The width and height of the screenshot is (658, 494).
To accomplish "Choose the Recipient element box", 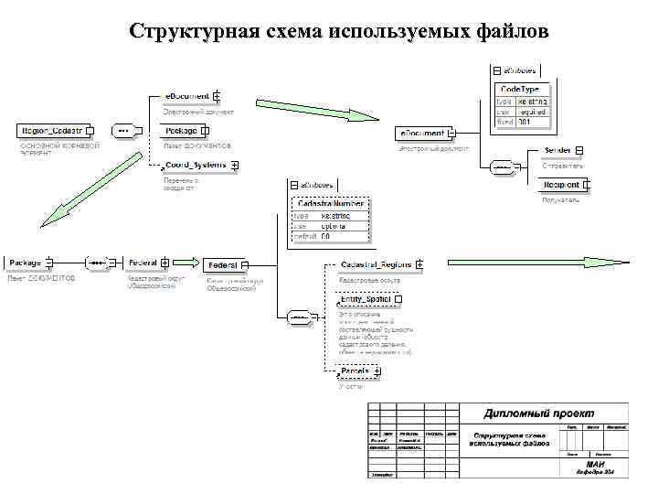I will click(x=562, y=185).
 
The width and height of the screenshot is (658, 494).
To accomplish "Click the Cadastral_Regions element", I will click(x=375, y=264).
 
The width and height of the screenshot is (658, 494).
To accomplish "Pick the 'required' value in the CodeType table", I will click(x=533, y=111).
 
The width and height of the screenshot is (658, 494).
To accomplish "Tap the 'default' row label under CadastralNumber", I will click(x=304, y=236).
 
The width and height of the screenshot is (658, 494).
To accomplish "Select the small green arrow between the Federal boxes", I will click(x=185, y=263).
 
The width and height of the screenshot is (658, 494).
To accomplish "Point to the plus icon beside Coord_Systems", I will click(x=236, y=166).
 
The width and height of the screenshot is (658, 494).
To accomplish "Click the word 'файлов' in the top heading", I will click(x=513, y=32).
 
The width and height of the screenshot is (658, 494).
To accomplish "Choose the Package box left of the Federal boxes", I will click(x=27, y=263).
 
